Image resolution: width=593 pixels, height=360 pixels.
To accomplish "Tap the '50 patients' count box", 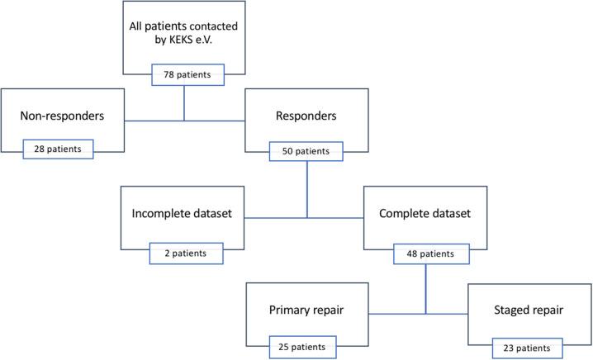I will (306, 151).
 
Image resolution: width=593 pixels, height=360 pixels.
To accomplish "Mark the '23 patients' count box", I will (528, 347).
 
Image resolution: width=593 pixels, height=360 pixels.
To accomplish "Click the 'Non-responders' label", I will (62, 116).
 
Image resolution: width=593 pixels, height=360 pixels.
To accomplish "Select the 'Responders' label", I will (306, 116).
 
